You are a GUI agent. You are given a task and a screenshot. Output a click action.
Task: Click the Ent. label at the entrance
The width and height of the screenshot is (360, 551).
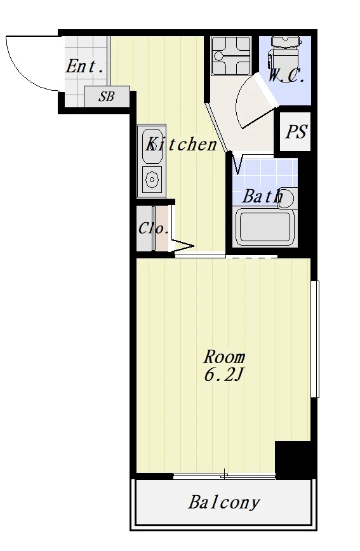pyautogui.click(x=85, y=67)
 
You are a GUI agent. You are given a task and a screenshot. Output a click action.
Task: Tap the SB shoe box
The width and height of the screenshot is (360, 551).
pyautogui.click(x=107, y=96)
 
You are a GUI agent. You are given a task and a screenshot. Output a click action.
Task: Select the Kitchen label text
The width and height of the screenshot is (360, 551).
pyautogui.click(x=182, y=144)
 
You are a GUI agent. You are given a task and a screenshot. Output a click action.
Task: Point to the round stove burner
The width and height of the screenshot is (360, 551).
pyautogui.click(x=152, y=180)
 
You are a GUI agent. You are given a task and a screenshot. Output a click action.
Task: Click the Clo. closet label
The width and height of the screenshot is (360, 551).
pyautogui.click(x=153, y=229)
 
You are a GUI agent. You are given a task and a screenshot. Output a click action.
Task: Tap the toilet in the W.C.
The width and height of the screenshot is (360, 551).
pyautogui.click(x=284, y=53)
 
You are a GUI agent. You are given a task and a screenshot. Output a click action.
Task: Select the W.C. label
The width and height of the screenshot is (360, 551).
pyautogui.click(x=286, y=76)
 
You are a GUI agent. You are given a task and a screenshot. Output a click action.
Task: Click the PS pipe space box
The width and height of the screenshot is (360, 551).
pyautogui.click(x=295, y=132)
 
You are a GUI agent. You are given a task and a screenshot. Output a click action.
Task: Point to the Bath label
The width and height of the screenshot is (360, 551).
pyautogui.click(x=263, y=196)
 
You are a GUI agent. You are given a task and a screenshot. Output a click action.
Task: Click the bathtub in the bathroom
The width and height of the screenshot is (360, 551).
pyautogui.click(x=265, y=227)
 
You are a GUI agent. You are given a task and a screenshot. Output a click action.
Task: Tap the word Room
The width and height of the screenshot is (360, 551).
pyautogui.click(x=224, y=357)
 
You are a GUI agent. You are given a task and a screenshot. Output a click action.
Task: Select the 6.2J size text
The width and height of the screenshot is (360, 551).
pyautogui.click(x=223, y=376)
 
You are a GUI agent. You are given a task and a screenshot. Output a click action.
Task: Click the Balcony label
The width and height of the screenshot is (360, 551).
pyautogui.click(x=224, y=503)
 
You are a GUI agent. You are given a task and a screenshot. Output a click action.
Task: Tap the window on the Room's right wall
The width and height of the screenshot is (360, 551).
pyautogui.click(x=315, y=339)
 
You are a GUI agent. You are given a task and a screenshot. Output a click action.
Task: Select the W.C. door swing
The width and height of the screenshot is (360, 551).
pyautogui.click(x=257, y=100)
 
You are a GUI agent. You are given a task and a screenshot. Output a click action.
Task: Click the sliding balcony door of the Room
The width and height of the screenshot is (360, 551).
pyautogui.click(x=224, y=476)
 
